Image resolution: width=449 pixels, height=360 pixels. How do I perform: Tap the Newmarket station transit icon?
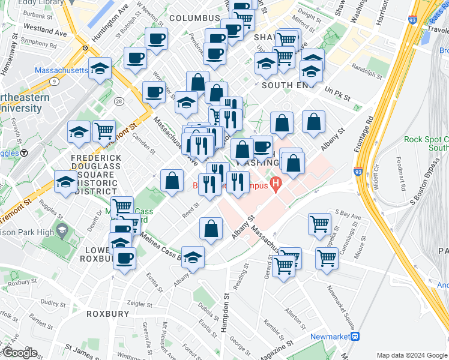(355, 337)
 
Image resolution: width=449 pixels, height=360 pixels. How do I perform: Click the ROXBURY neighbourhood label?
(107, 314)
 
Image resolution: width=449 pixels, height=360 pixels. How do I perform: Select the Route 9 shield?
(55, 80)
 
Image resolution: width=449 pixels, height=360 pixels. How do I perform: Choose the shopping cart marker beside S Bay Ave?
(319, 224)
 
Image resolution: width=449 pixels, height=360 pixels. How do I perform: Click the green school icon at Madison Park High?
(62, 231)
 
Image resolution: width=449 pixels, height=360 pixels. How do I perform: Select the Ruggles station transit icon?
(24, 152)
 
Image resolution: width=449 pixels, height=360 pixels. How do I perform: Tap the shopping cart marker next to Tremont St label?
(104, 131)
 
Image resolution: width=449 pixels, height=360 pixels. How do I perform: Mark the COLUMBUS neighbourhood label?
(194, 19)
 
